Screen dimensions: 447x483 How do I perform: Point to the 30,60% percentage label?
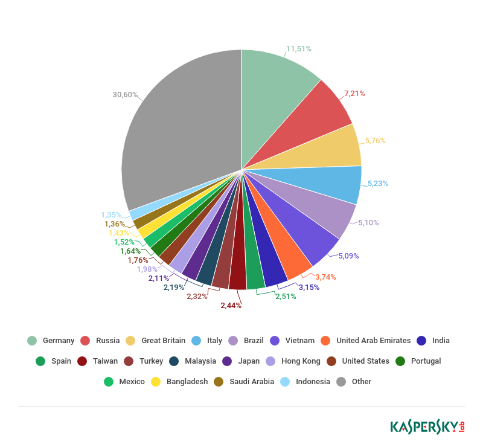pos(125,95)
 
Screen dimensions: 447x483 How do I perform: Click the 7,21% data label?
pos(354,94)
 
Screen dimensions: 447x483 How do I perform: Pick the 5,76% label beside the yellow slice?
pos(375,141)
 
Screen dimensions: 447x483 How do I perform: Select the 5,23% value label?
pos(378,184)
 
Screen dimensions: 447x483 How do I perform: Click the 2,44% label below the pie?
pos(231,306)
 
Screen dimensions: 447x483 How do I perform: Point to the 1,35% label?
pos(111,215)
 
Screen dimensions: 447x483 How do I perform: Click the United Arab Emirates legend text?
pos(373,341)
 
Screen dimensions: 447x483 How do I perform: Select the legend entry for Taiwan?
pos(105,361)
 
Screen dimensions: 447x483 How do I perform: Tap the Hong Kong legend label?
pos(301,361)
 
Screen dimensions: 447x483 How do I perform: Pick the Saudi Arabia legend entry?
pos(252,382)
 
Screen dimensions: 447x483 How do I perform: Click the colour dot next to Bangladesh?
pos(156,382)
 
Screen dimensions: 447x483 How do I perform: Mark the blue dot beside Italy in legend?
pos(196,341)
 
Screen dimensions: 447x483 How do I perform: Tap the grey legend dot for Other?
pos(342,382)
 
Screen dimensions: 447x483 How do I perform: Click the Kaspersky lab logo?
pos(427,426)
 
